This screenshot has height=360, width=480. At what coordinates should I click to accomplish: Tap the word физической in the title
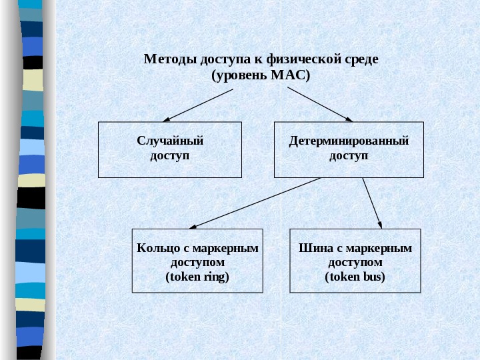coord(306,59)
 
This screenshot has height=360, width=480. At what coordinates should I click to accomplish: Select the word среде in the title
coord(362,59)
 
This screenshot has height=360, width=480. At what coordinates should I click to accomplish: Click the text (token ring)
coord(197,276)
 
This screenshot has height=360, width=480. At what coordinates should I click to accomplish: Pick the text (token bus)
coord(355,276)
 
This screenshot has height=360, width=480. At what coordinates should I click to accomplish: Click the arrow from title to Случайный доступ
coord(198,105)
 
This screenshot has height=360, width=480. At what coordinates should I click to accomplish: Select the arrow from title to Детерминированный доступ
coord(320,105)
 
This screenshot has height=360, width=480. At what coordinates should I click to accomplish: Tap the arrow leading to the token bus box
coord(372,203)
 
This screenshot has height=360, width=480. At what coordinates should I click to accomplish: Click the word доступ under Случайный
coord(170,155)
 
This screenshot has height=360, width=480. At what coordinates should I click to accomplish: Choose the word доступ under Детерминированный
coord(349,155)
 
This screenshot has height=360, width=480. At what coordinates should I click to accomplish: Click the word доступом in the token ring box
coord(197,262)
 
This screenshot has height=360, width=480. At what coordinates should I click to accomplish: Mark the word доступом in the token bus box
coord(355,262)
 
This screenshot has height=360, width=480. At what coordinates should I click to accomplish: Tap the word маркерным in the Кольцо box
coord(230,249)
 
